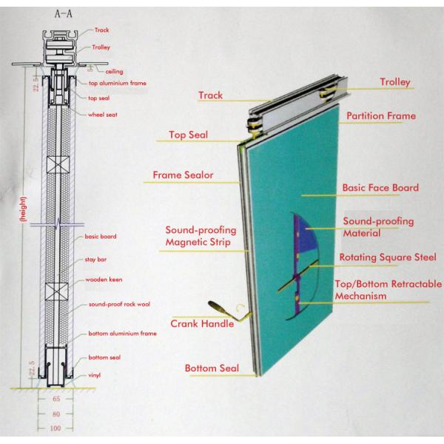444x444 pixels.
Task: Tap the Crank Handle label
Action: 203,323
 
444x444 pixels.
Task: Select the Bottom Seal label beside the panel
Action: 212,368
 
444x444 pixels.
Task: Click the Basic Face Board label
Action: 380,188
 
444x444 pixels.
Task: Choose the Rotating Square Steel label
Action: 388,258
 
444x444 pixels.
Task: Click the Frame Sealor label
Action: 183,175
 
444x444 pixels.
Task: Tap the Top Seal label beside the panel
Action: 188,135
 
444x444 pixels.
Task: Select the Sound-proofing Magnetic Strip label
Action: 197,236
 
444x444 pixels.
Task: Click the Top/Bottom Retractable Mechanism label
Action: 388,290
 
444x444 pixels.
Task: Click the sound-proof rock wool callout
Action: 119,305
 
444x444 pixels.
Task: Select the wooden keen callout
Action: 106,282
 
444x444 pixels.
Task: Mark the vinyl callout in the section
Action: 94,375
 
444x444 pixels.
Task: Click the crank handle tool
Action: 221,310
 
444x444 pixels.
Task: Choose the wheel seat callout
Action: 103,115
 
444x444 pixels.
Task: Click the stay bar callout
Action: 98,260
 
